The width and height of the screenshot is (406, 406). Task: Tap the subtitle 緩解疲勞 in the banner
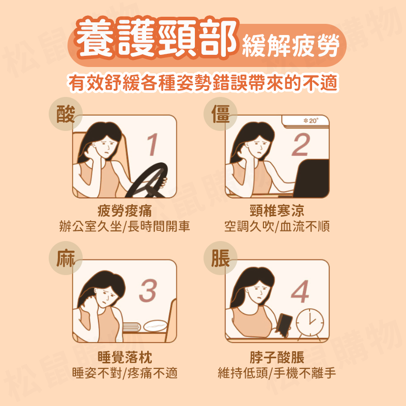tap(290, 46)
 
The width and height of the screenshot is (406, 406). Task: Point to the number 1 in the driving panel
tap(151, 146)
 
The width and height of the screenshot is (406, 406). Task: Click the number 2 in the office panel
tap(300, 146)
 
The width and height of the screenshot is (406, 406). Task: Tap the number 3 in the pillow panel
tap(148, 292)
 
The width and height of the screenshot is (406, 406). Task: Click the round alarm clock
tap(310, 322)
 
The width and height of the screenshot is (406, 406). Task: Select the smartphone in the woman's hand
tap(285, 323)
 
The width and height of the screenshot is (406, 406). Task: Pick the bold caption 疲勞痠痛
tap(124, 211)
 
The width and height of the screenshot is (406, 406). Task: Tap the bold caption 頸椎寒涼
tap(277, 211)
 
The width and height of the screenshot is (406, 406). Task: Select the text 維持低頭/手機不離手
tap(277, 373)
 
